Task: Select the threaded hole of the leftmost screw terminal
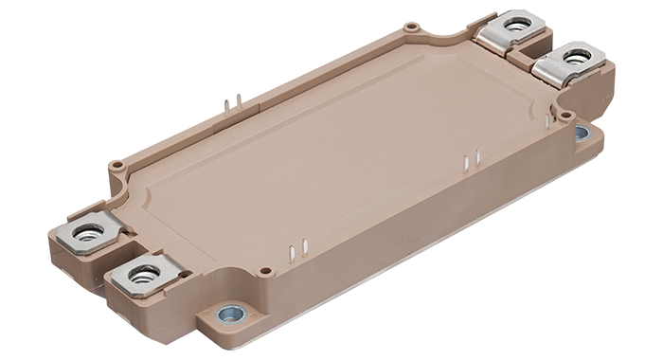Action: (x=86, y=234)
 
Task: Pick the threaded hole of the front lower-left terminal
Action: (x=144, y=276)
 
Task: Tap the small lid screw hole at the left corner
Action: (x=116, y=165)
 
